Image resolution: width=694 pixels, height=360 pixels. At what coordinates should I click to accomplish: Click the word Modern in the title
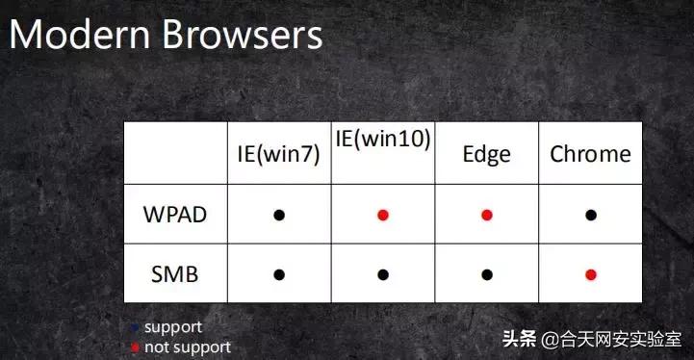click(x=78, y=36)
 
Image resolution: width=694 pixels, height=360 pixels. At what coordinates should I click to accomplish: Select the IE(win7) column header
click(x=278, y=154)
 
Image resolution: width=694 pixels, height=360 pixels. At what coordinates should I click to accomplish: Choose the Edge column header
click(x=486, y=154)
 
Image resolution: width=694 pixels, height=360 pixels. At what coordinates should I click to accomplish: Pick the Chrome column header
click(x=590, y=154)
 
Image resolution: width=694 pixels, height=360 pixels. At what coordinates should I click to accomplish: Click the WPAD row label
click(x=174, y=215)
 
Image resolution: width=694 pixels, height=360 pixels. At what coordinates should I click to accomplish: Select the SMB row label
click(x=174, y=274)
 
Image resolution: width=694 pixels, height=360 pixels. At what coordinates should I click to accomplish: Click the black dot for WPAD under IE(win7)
click(x=279, y=216)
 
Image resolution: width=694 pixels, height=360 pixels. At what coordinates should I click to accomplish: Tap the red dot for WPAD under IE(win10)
click(x=383, y=216)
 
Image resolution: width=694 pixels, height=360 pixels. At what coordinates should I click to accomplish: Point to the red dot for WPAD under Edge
click(x=486, y=216)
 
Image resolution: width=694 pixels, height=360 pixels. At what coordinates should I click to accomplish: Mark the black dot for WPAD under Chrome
click(x=591, y=216)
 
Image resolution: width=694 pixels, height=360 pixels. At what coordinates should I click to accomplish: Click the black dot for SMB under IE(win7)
click(x=279, y=274)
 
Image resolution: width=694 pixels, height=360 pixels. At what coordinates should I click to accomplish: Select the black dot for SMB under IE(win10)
click(x=383, y=274)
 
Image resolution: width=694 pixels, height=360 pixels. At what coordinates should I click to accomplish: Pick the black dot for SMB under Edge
click(x=486, y=274)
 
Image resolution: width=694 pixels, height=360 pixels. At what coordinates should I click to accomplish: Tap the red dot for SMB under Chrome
click(x=591, y=274)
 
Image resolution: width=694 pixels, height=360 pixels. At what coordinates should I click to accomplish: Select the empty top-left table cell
click(x=174, y=153)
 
